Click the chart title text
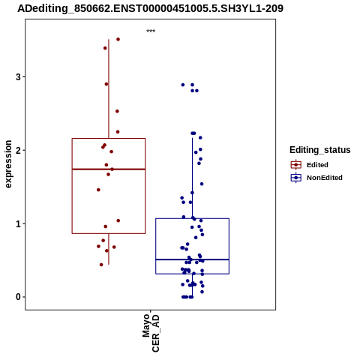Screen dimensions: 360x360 click(150, 8)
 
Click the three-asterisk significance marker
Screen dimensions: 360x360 click(151, 31)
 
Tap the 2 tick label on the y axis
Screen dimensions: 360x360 click(19, 150)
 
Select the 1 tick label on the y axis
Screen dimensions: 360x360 click(19, 223)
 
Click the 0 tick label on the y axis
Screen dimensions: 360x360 click(19, 297)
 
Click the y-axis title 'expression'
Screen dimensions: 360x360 click(8, 164)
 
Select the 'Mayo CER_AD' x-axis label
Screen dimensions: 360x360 click(151, 333)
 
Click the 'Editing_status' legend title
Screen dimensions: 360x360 click(320, 150)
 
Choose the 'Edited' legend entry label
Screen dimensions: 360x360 click(317, 165)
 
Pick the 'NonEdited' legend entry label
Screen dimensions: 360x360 click(325, 178)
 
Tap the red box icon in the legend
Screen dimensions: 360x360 click(296, 165)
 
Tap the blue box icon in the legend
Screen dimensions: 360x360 click(296, 178)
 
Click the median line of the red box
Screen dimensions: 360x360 click(109, 169)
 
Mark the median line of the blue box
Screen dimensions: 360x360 click(193, 259)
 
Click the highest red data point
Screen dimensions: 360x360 click(118, 39)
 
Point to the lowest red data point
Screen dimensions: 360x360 click(101, 265)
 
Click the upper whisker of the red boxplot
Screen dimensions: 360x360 click(109, 88)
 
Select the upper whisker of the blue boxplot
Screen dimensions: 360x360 click(193, 178)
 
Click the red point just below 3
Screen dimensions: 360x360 click(106, 84)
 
